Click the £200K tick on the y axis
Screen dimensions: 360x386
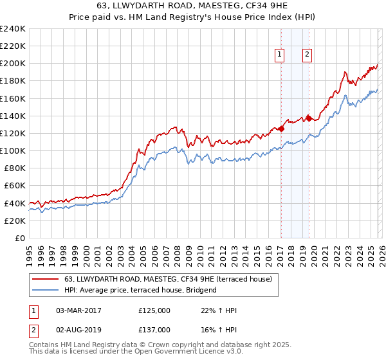click(x=13, y=64)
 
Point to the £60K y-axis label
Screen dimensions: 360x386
click(x=15, y=185)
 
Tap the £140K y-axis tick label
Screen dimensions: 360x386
click(x=13, y=116)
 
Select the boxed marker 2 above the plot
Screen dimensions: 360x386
click(x=308, y=55)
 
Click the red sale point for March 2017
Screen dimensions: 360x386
click(x=281, y=129)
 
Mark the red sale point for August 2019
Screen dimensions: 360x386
click(x=309, y=118)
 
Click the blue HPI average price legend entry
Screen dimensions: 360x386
click(x=140, y=290)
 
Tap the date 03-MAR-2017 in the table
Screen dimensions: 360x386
click(x=78, y=310)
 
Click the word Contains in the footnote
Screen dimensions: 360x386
click(x=45, y=346)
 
